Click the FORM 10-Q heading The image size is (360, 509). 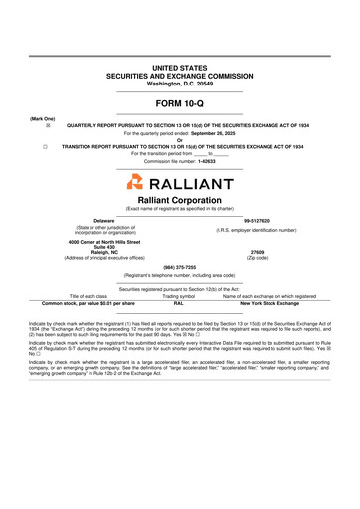point(179,103)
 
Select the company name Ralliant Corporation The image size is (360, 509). point(179,200)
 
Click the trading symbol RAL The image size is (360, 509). point(179,302)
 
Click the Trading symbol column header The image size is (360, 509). point(179,296)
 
